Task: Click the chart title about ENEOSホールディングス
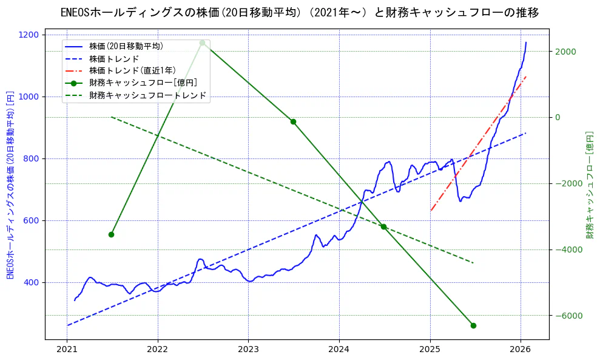[x=300, y=12]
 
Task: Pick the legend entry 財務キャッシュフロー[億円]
[x=143, y=83]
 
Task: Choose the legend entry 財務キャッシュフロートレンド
[x=147, y=95]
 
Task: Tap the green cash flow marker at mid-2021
[x=111, y=234]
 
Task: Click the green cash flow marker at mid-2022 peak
[x=202, y=42]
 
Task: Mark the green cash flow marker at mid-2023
[x=293, y=121]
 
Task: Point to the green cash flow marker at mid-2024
[x=383, y=226]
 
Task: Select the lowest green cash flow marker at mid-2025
[x=473, y=325]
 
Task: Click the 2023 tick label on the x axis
[x=248, y=350]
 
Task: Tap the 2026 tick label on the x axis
[x=521, y=350]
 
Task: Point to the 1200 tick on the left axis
[x=30, y=35]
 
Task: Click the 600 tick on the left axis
[x=33, y=221]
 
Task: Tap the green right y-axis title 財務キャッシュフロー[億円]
[x=590, y=185]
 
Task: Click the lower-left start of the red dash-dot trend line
[x=431, y=211]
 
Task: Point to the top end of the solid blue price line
[x=526, y=42]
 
